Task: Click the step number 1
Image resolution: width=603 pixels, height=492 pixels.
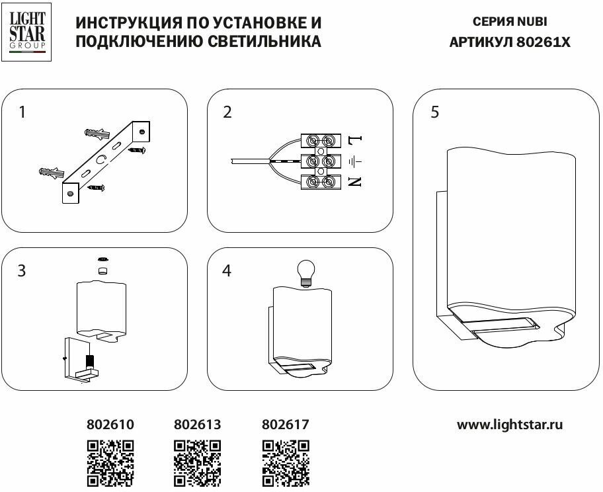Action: point(22,112)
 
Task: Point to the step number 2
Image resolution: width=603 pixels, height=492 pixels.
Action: point(227,112)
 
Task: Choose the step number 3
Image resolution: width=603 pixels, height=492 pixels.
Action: point(22,271)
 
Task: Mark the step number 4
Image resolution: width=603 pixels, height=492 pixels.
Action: point(227,271)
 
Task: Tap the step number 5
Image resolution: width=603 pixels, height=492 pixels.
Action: point(434,112)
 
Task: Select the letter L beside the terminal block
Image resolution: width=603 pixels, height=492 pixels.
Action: point(355,140)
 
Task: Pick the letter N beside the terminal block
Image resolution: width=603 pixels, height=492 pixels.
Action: point(355,181)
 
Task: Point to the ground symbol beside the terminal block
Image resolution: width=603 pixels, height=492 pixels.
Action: point(355,161)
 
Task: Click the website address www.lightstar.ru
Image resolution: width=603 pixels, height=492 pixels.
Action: point(510,425)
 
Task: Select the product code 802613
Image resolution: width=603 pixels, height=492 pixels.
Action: point(197,425)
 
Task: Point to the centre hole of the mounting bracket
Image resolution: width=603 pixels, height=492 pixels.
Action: point(101,159)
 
